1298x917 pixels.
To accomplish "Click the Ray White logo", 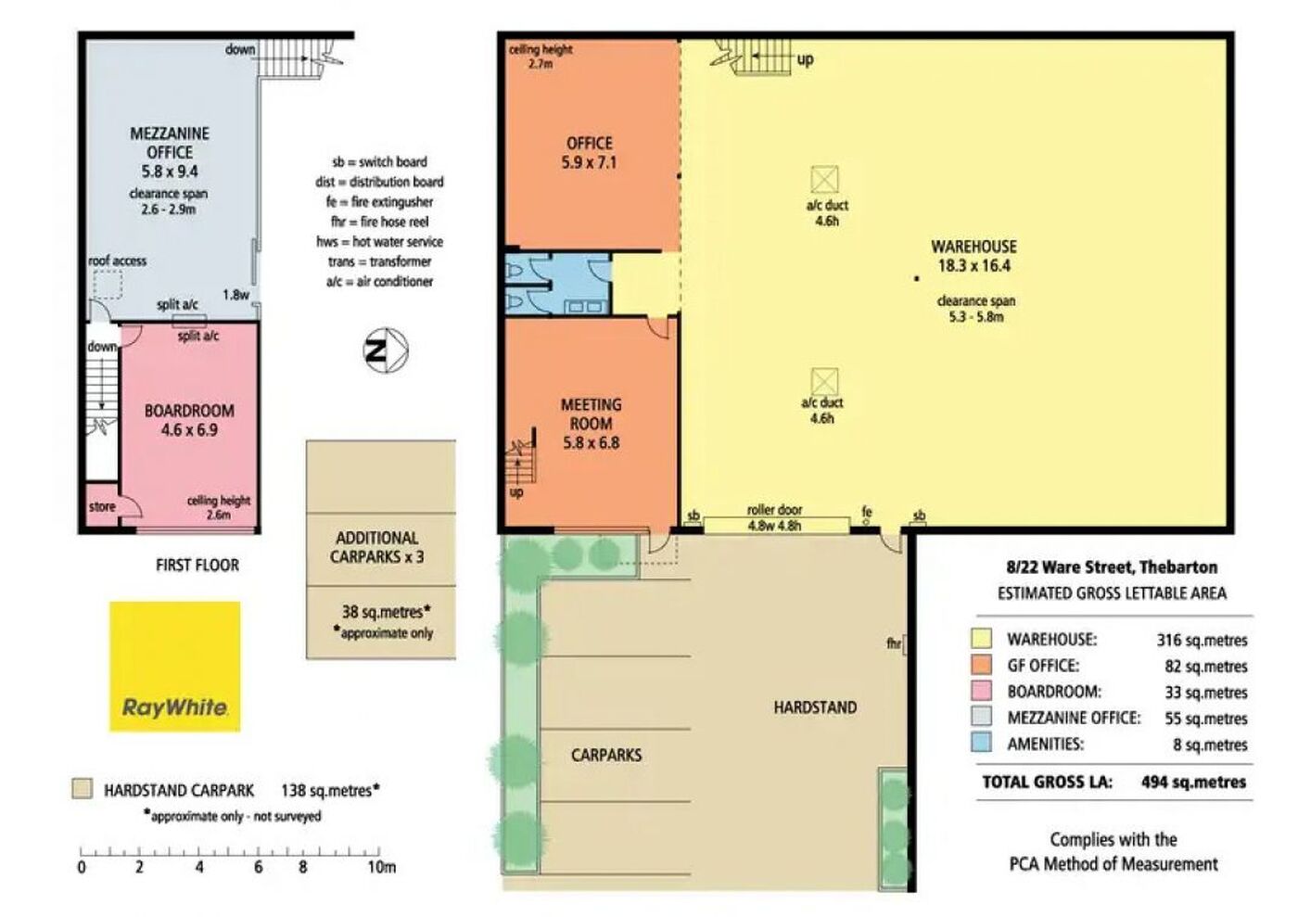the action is pyautogui.click(x=175, y=666).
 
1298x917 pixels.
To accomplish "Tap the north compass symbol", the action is pyautogui.click(x=386, y=350).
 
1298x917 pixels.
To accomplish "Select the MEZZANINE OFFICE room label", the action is pyautogui.click(x=169, y=143).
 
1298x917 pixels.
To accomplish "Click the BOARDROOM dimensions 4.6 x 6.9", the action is pyautogui.click(x=189, y=430).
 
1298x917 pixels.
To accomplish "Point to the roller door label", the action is pyautogui.click(x=774, y=510).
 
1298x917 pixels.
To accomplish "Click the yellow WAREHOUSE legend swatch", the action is pyautogui.click(x=981, y=638).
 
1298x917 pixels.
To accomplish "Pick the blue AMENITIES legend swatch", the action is pyautogui.click(x=981, y=743).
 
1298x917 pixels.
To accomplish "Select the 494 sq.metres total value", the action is pyautogui.click(x=1193, y=782).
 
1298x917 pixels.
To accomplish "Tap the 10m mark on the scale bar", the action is pyautogui.click(x=379, y=851).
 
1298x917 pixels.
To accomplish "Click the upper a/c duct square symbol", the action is pyautogui.click(x=824, y=179).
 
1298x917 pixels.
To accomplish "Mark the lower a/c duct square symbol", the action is pyautogui.click(x=824, y=381).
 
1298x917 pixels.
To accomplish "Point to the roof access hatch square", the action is pyautogui.click(x=108, y=285).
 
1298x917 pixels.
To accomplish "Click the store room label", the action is pyautogui.click(x=102, y=506).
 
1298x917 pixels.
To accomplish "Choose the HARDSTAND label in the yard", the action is pyautogui.click(x=815, y=707).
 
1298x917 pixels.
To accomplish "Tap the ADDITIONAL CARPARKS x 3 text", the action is pyautogui.click(x=377, y=547).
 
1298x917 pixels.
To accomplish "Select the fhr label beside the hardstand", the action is pyautogui.click(x=894, y=643).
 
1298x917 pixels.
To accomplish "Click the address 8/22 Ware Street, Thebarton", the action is pyautogui.click(x=1112, y=567).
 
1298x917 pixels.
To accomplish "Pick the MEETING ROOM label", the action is pyautogui.click(x=592, y=414).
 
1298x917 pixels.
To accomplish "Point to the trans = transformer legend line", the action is pyautogui.click(x=379, y=261).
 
